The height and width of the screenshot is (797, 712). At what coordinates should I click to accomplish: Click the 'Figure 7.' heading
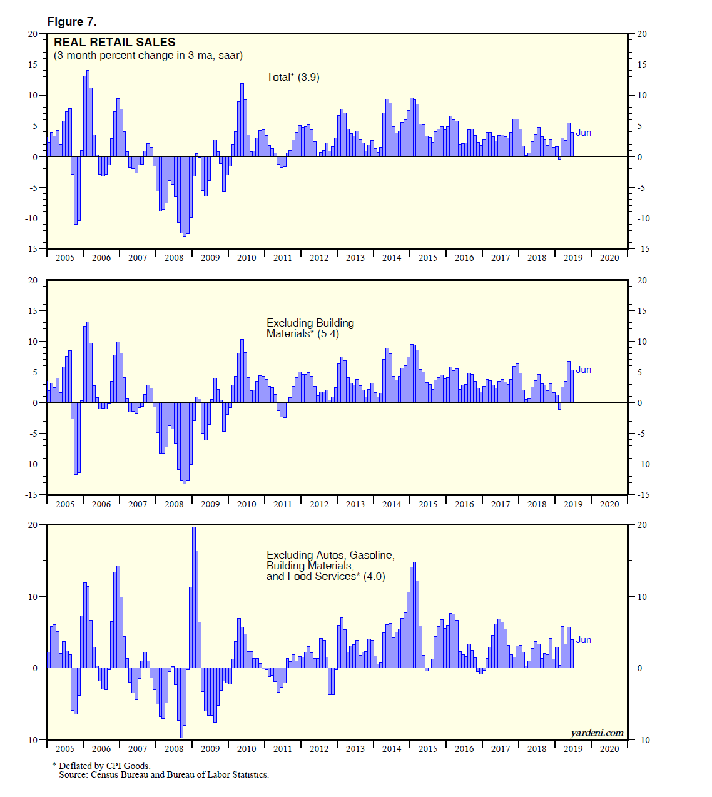tap(72, 22)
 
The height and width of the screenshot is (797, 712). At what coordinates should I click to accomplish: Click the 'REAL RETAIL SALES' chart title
tap(114, 43)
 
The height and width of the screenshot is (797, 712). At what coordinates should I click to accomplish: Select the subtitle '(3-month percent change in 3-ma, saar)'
tap(148, 56)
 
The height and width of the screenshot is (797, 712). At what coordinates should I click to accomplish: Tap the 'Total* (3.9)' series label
tap(293, 77)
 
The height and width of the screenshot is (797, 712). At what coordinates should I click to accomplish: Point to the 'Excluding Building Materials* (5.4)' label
tap(310, 328)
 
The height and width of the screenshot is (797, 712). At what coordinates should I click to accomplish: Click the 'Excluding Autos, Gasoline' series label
tap(330, 555)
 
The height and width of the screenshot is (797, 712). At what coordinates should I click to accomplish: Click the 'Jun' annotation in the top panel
tap(583, 133)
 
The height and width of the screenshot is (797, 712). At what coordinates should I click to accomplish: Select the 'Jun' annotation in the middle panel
tap(583, 370)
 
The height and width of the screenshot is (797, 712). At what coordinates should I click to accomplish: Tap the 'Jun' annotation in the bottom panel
tap(583, 640)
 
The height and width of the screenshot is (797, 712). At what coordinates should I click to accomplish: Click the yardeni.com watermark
tap(597, 733)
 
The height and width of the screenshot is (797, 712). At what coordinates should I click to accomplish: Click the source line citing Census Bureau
tap(163, 775)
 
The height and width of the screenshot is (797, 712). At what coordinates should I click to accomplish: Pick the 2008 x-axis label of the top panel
tap(174, 258)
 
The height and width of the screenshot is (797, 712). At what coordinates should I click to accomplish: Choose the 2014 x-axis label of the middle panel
tap(392, 504)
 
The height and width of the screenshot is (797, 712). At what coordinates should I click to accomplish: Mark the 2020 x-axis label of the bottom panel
tap(609, 749)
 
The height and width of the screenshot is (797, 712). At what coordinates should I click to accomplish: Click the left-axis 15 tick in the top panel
tap(33, 64)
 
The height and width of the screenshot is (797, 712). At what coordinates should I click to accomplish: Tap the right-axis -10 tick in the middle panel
tap(643, 464)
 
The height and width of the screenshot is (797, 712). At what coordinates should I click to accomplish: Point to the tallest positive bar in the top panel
tap(88, 113)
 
